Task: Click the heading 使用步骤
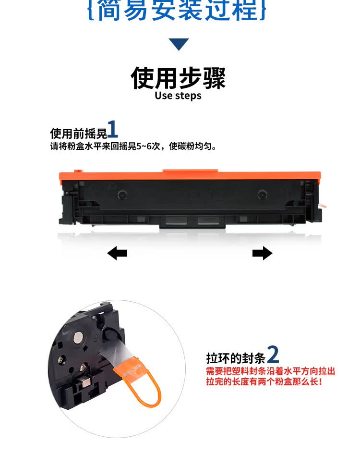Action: (179, 77)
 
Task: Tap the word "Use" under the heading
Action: (164, 96)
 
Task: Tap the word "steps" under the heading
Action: (188, 96)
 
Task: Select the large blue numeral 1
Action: (112, 130)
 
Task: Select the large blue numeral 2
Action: (273, 355)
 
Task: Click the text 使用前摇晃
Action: (78, 133)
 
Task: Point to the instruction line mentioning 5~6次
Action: (133, 146)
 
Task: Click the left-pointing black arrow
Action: (117, 253)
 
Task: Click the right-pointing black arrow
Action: (262, 253)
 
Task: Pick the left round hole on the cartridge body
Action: (122, 195)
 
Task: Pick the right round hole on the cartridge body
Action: (262, 194)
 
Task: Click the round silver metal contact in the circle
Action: (76, 339)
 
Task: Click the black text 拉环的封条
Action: (235, 358)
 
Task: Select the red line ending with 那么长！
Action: (264, 382)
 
